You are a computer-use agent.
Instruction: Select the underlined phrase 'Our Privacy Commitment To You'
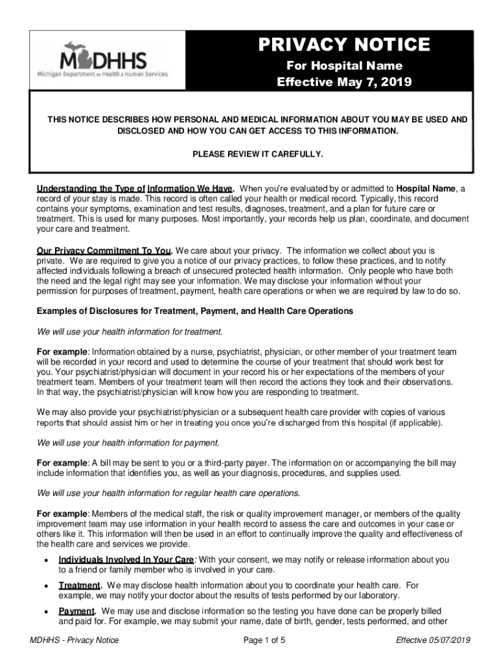(104, 250)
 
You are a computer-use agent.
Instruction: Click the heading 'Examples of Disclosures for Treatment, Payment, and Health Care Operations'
(195, 311)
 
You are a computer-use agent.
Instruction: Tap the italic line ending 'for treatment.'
(130, 331)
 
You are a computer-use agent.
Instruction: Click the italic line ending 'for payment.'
(128, 443)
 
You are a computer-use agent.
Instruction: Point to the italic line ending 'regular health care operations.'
(168, 493)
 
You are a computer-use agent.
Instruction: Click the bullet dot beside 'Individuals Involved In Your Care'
(45, 560)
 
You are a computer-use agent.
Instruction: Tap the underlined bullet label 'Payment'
(76, 611)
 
